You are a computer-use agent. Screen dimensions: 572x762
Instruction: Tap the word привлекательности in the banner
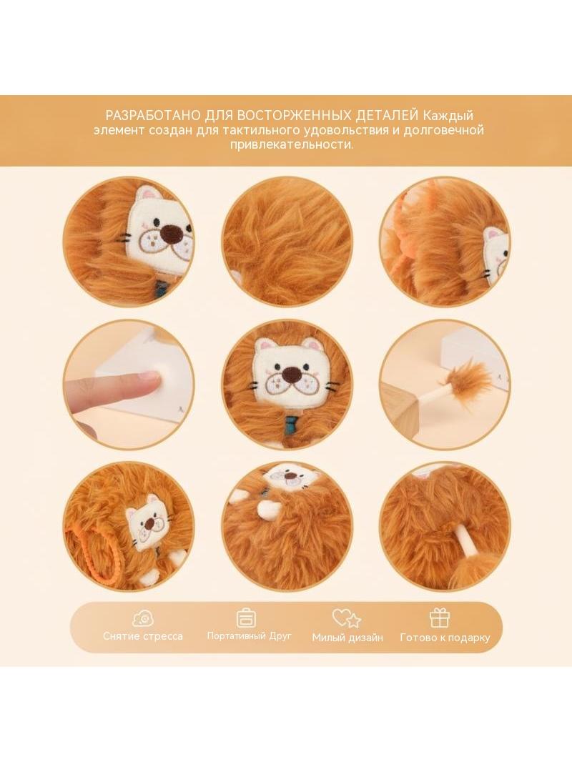point(292,145)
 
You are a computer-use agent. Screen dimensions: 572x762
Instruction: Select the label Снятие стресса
point(143,636)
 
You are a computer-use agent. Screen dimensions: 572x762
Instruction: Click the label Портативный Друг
point(250,635)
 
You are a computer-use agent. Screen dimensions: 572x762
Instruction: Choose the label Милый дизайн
point(347,637)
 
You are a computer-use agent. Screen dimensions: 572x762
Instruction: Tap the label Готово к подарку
point(445,637)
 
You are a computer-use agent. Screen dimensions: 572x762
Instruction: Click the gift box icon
point(440,618)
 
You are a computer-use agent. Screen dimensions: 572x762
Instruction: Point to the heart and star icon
point(347,618)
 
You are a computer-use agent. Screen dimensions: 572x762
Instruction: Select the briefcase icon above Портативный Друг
point(246,618)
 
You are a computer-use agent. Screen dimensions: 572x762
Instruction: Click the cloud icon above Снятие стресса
point(143,618)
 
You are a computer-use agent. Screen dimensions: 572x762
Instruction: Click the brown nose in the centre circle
point(291,373)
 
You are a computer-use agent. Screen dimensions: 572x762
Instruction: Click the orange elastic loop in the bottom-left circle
point(82,552)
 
